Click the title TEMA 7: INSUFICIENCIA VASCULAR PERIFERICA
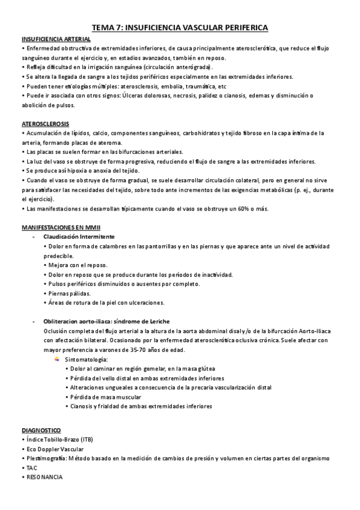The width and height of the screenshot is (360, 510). point(180,28)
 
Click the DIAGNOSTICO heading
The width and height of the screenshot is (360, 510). point(41,431)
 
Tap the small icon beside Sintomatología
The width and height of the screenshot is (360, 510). point(56,359)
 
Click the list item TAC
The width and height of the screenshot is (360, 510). point(31,467)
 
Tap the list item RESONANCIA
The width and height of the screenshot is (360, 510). point(44,476)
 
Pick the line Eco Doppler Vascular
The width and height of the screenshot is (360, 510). point(55,449)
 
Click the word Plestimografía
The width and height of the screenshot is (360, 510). point(47,458)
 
